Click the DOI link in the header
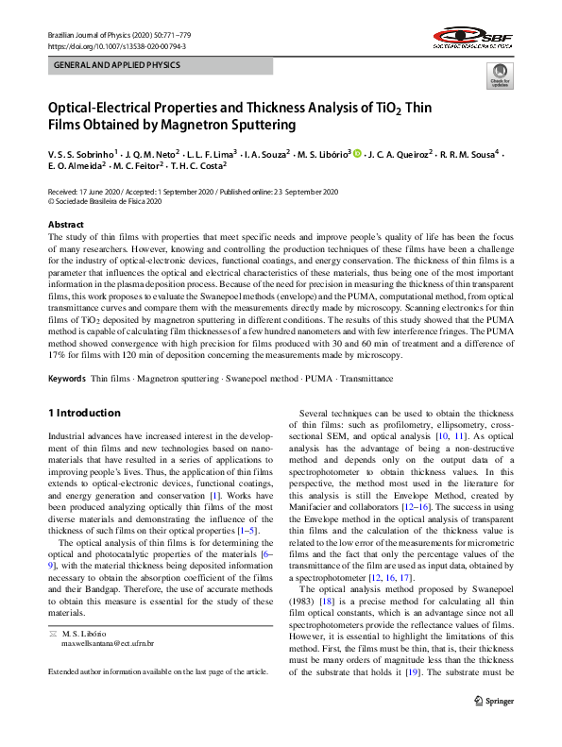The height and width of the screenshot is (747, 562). (x=116, y=45)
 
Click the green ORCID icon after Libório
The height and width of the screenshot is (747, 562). (x=357, y=153)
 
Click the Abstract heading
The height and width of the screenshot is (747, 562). (x=65, y=225)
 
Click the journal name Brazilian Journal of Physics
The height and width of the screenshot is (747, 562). (x=91, y=34)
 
